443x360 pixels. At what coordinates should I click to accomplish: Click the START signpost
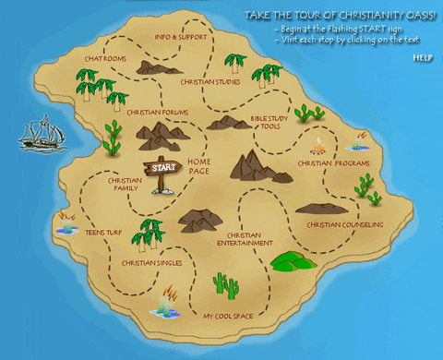(162, 169)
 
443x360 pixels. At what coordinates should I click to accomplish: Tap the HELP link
(423, 57)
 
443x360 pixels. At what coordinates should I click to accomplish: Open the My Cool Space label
(228, 317)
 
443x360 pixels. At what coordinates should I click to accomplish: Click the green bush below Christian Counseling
(293, 260)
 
